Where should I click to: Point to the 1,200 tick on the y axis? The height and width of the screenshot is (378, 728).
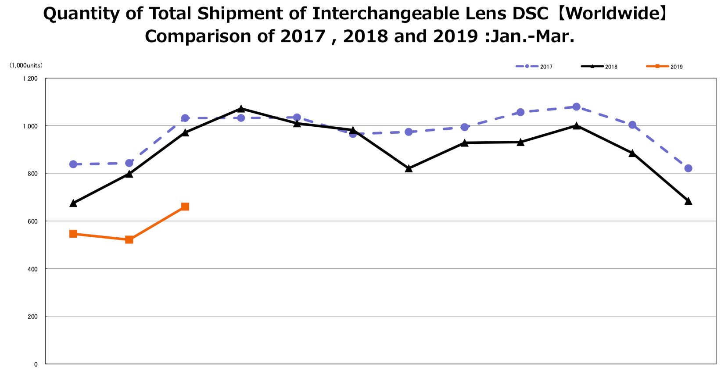[30, 78]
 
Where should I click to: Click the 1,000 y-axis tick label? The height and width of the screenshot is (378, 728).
[30, 126]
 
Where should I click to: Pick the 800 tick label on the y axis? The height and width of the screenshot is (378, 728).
[32, 174]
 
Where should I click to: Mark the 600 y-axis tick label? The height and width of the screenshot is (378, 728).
[32, 221]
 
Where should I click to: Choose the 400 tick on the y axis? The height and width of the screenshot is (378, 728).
[32, 269]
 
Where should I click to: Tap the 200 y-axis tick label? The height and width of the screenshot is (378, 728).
[32, 317]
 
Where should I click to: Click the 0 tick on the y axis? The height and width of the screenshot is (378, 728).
[36, 364]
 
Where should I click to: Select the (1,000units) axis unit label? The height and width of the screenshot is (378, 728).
[26, 65]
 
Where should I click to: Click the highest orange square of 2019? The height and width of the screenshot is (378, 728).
[185, 207]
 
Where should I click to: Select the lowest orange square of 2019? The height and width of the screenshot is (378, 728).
[129, 239]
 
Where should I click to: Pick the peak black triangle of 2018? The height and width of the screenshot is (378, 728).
[241, 108]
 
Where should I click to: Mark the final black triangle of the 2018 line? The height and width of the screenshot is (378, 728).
[688, 201]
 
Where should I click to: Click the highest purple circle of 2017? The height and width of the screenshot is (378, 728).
[577, 107]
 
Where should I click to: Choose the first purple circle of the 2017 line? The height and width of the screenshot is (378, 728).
[73, 164]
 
